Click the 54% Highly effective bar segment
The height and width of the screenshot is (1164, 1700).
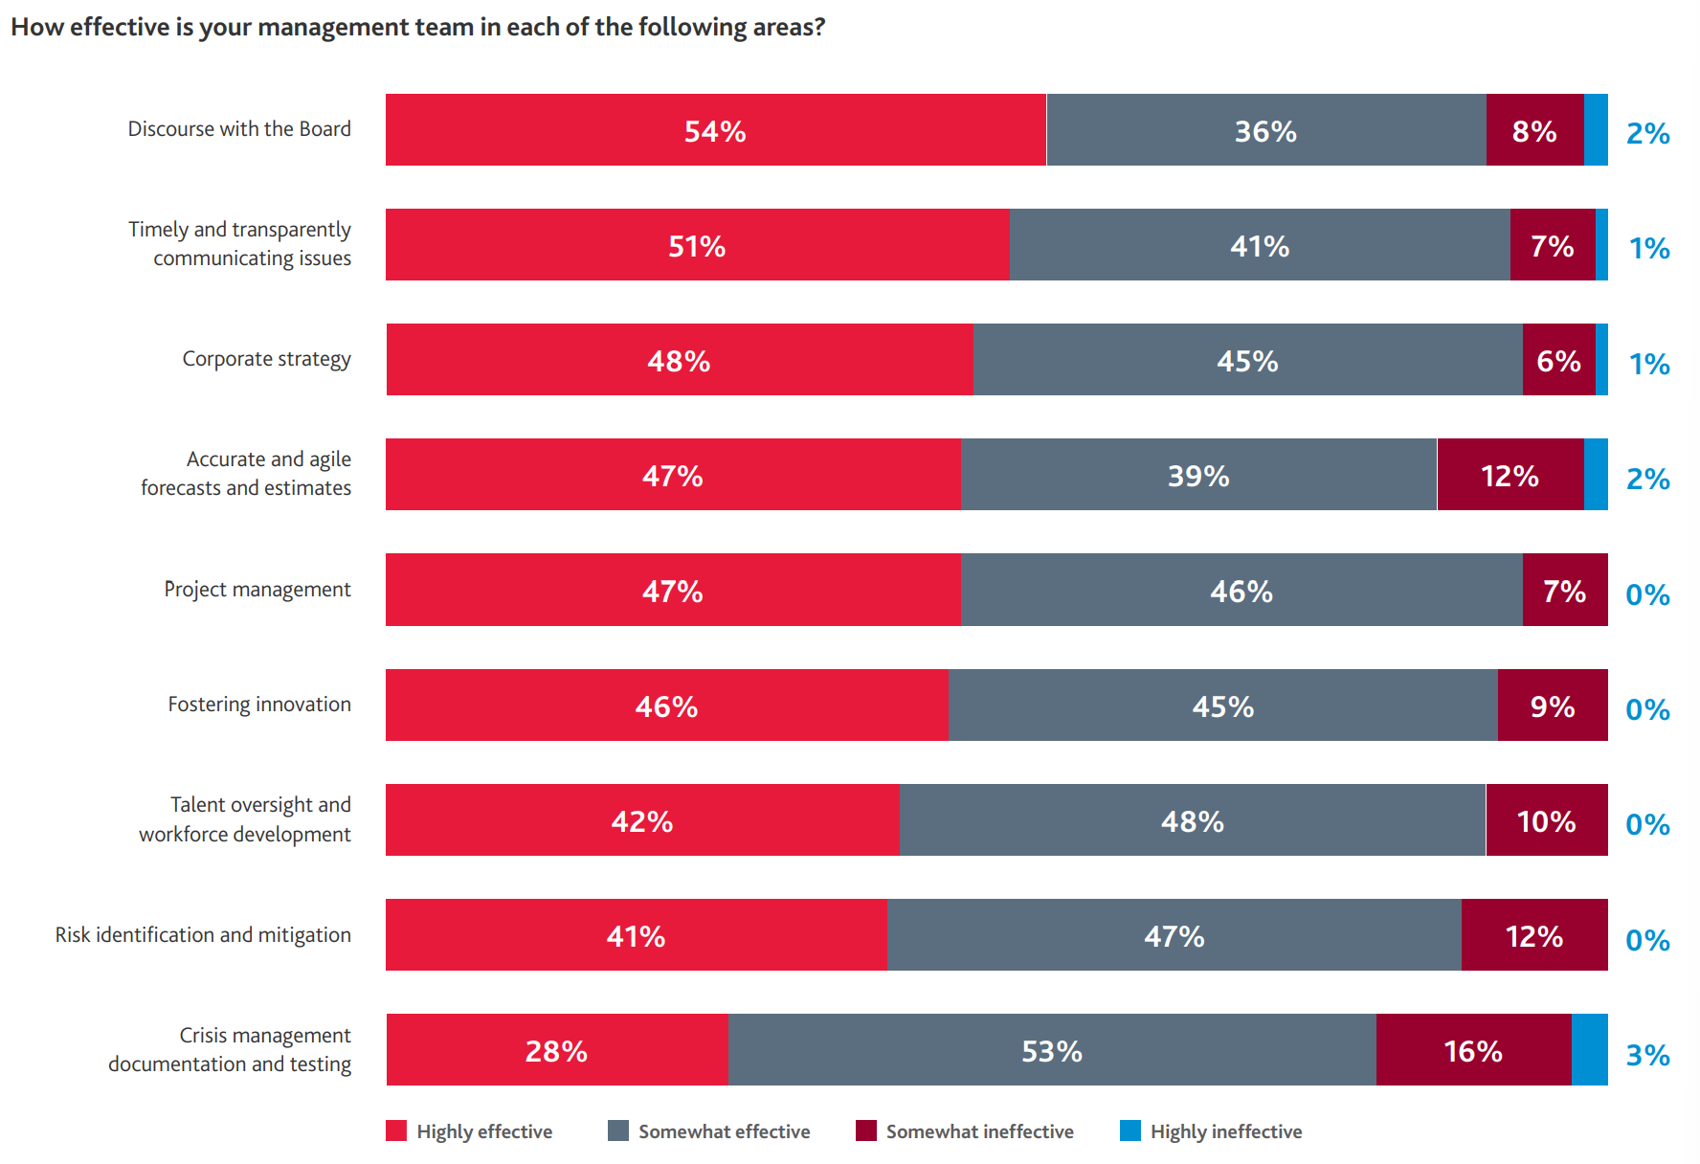click(715, 130)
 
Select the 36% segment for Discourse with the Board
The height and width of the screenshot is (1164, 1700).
click(1265, 130)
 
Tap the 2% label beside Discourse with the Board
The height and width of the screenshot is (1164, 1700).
click(1647, 133)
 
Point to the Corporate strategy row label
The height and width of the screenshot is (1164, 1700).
click(266, 359)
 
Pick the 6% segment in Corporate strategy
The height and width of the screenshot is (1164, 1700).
click(1558, 360)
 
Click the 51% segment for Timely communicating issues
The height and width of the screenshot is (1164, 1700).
click(697, 245)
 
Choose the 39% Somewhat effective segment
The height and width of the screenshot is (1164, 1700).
click(1198, 475)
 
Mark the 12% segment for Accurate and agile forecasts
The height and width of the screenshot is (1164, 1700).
click(1510, 475)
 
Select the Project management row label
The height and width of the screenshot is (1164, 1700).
click(257, 590)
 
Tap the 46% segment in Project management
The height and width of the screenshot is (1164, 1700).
click(1241, 590)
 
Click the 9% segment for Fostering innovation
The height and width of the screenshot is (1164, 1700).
click(1552, 705)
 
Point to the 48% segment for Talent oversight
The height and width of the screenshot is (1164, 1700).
click(1192, 820)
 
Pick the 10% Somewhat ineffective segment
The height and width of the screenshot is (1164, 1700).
click(1546, 820)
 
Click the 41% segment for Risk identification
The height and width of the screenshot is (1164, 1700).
click(636, 935)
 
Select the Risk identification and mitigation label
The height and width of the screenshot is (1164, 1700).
click(203, 935)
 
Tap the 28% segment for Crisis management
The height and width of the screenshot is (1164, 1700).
click(556, 1050)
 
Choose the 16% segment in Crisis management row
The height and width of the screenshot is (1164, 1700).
click(1473, 1050)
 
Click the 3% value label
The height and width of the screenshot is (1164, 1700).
click(1647, 1055)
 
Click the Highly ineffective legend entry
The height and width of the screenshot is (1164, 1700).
click(1212, 1131)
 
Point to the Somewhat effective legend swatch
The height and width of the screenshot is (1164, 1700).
click(618, 1130)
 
